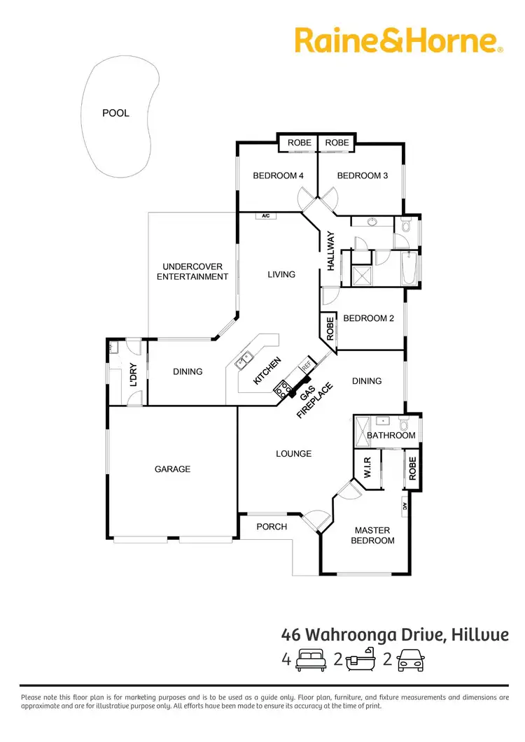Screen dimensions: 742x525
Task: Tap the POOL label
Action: click(x=116, y=113)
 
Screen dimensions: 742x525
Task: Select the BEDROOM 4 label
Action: click(x=278, y=176)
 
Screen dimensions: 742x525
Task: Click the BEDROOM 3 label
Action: click(x=362, y=176)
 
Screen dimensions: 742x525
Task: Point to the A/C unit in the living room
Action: click(x=266, y=216)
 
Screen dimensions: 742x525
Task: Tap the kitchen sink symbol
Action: click(x=245, y=359)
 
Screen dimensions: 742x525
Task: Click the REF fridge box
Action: click(x=306, y=364)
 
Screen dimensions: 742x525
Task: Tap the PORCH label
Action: click(x=272, y=526)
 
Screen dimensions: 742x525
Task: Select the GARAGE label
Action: click(x=172, y=469)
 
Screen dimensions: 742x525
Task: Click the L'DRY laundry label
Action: click(x=134, y=373)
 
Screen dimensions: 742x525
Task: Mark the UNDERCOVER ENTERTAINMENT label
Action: click(x=192, y=271)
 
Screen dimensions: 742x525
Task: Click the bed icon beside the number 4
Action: click(x=309, y=659)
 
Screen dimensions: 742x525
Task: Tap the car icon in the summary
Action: click(x=411, y=659)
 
